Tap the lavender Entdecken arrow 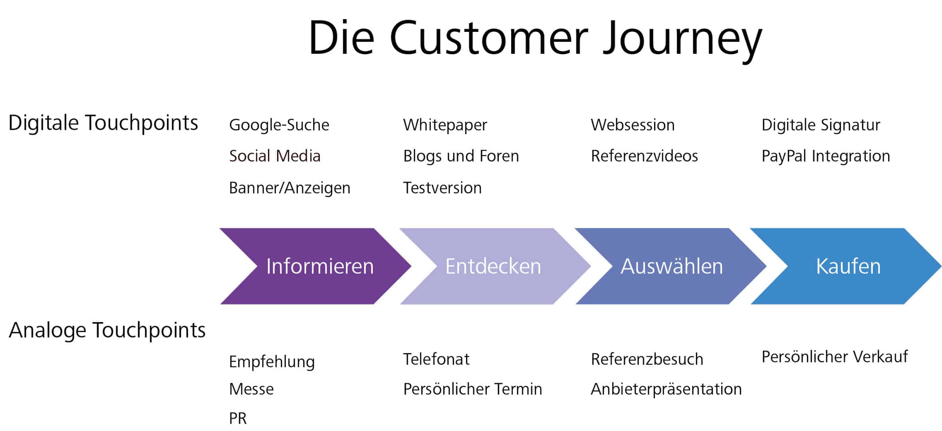493,266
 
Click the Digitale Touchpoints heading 103,123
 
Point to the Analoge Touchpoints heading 107,330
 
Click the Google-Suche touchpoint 279,125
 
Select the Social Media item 275,156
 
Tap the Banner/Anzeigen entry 290,188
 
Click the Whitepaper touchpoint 445,125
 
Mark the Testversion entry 442,188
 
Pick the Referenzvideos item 644,156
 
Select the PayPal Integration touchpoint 825,156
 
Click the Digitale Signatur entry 821,125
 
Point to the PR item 238,418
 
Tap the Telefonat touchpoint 436,359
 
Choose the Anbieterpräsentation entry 666,389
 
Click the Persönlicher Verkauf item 835,357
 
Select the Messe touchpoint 251,389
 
